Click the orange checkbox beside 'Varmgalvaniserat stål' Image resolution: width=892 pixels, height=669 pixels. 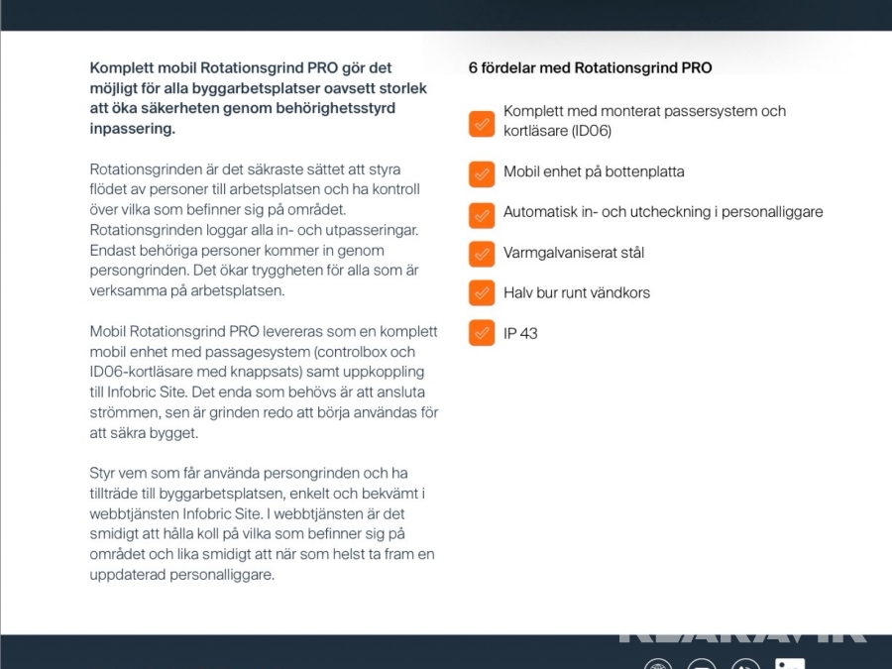tap(482, 254)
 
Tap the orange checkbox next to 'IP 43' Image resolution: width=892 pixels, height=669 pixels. tap(482, 334)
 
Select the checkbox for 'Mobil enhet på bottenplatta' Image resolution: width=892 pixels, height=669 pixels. tap(482, 173)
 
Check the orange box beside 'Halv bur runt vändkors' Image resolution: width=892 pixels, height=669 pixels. tap(482, 293)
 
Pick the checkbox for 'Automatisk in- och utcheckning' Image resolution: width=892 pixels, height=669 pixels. tap(482, 213)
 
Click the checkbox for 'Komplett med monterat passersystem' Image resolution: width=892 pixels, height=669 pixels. tap(482, 123)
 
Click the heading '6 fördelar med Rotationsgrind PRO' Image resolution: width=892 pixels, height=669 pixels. tap(590, 68)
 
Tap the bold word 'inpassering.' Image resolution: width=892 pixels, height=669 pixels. tap(132, 129)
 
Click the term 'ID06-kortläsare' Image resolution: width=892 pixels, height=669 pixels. tap(142, 372)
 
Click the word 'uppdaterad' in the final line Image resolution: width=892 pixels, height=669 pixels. tap(127, 575)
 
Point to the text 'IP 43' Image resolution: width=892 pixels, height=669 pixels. tap(520, 334)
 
